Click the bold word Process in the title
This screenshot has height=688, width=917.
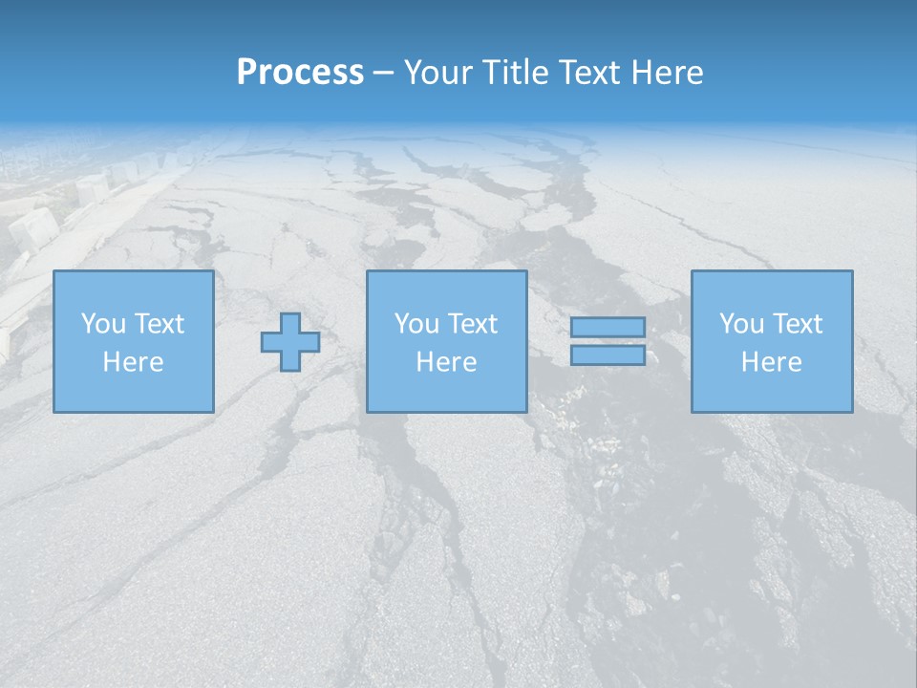[300, 73]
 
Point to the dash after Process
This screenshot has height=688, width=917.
[383, 74]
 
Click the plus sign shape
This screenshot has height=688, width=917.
[290, 341]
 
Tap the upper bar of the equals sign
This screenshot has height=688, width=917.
[608, 327]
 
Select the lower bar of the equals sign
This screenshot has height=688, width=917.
[608, 355]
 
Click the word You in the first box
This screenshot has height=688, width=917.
[102, 324]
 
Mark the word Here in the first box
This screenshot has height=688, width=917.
[133, 362]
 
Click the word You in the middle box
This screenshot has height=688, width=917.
[416, 324]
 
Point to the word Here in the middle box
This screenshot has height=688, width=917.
[446, 362]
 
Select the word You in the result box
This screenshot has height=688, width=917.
[740, 324]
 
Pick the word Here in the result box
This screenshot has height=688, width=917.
[771, 362]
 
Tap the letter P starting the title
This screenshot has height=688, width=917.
[246, 73]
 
